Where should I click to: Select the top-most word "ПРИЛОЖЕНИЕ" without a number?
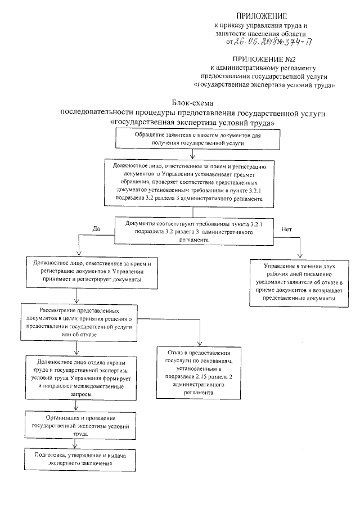pyautogui.click(x=264, y=15)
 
